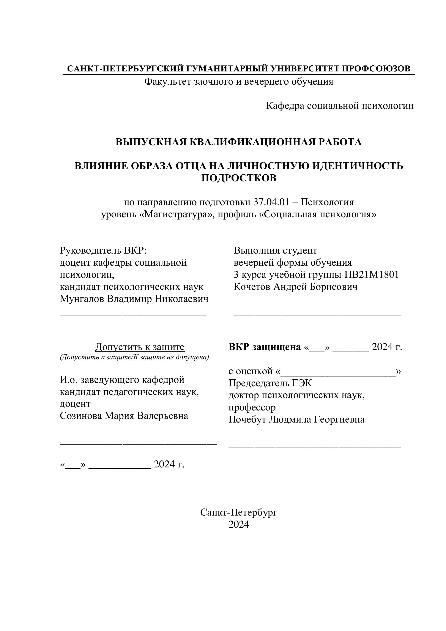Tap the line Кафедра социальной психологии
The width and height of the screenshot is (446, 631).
(340, 106)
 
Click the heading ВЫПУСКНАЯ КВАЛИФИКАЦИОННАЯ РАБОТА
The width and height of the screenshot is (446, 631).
(238, 142)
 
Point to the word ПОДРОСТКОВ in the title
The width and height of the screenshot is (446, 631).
(238, 178)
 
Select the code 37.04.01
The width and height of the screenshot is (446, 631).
(271, 202)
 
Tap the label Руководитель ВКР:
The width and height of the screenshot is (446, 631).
(103, 250)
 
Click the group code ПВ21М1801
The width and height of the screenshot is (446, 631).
(372, 274)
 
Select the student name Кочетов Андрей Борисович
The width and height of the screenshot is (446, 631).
(296, 287)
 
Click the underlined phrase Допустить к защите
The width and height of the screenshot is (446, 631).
(140, 347)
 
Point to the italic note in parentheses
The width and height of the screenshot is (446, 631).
(134, 357)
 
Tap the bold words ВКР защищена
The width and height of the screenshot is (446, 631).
(265, 347)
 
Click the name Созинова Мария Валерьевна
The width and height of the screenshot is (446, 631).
(124, 416)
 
